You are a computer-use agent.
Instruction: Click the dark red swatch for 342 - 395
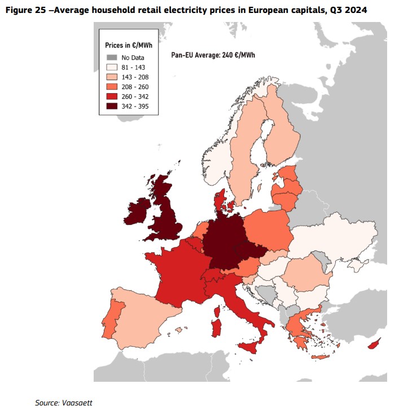tap(112, 106)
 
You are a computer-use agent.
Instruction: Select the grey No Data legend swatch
tap(112, 58)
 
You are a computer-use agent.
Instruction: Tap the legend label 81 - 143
tap(133, 67)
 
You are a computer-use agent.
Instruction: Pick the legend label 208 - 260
tap(135, 87)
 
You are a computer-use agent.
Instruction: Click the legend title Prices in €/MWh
tap(129, 45)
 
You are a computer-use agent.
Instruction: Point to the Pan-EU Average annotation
tap(213, 55)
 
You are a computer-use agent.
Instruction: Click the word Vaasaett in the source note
tap(77, 403)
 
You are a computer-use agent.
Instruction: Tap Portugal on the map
tap(112, 319)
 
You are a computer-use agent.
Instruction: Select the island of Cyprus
tap(374, 343)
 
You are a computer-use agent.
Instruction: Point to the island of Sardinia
tap(216, 328)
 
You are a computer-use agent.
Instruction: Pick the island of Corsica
tap(217, 311)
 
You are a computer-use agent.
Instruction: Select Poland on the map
tap(267, 230)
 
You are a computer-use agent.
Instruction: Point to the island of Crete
tap(321, 357)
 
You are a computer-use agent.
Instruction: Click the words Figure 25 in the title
tap(26, 10)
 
